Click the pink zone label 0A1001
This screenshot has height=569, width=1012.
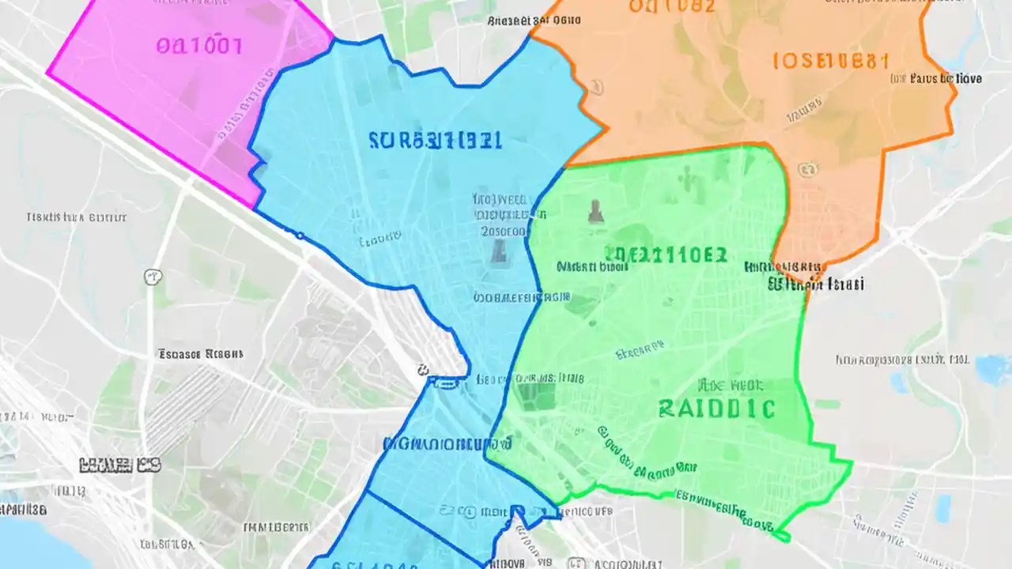[x=198, y=45]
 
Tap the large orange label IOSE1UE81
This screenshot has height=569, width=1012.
[x=831, y=62]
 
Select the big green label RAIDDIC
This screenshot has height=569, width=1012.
[x=716, y=409]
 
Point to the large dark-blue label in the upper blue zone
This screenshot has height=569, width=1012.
[x=434, y=141]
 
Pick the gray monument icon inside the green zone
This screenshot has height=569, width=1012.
[x=595, y=210]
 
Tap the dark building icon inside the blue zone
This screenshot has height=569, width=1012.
[x=498, y=251]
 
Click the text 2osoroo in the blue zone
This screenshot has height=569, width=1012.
[x=504, y=232]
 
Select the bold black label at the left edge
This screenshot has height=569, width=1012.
[x=119, y=465]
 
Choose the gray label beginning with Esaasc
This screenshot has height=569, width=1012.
[x=200, y=354]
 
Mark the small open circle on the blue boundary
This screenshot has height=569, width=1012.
[x=300, y=235]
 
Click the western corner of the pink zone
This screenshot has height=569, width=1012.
[x=49, y=73]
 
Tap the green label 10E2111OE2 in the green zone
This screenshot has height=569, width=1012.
[x=665, y=254]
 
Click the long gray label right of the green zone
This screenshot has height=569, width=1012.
[x=902, y=360]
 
